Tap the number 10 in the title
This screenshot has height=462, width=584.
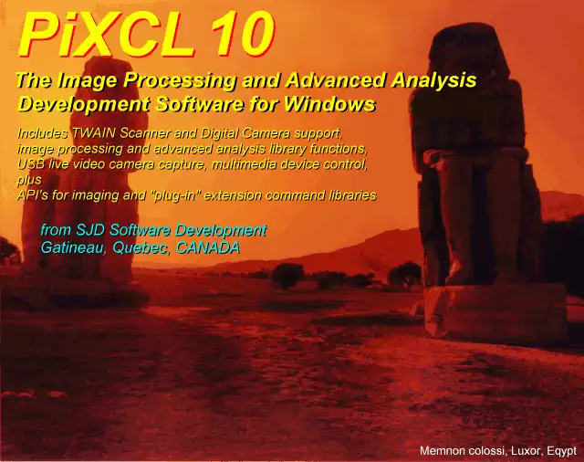(241, 35)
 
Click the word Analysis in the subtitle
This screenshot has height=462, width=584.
(433, 81)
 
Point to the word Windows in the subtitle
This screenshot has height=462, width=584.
(329, 104)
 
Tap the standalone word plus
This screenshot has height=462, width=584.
(29, 181)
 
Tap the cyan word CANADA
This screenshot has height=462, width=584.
(208, 247)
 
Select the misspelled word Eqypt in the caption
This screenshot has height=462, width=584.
(562, 451)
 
